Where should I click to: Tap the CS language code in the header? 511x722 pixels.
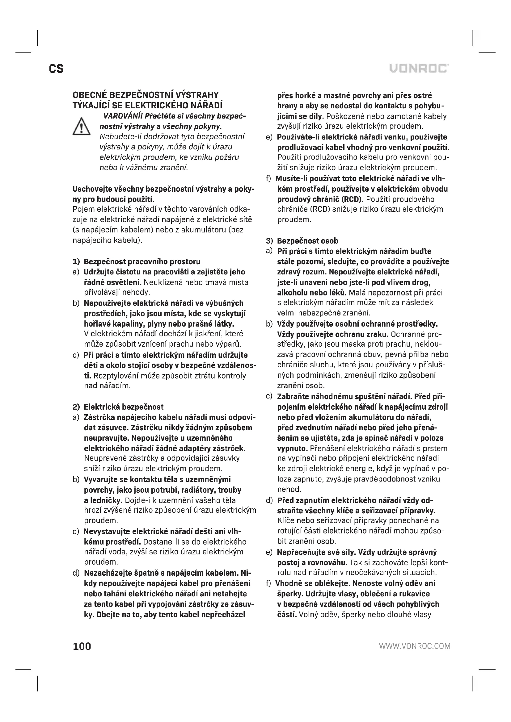[56, 69]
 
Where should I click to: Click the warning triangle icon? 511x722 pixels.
[82, 127]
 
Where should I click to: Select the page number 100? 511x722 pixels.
[82, 646]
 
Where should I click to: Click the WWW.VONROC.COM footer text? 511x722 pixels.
[415, 646]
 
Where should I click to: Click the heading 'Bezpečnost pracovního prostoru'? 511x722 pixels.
[142, 262]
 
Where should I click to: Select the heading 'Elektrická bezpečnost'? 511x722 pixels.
[124, 407]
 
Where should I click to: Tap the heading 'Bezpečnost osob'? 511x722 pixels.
[307, 241]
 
